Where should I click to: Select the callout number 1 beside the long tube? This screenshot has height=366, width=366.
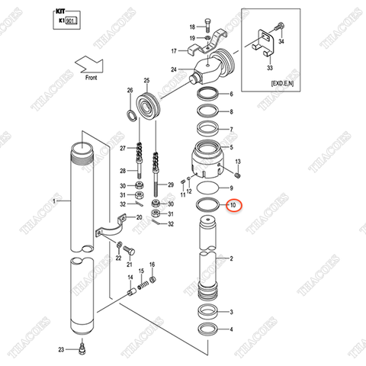pyautogui.click(x=54, y=201)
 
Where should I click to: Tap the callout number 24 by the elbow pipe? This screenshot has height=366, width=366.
pyautogui.click(x=174, y=70)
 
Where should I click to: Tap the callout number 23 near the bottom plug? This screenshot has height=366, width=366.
pyautogui.click(x=60, y=349)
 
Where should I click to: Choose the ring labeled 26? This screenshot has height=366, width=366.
pyautogui.click(x=131, y=115)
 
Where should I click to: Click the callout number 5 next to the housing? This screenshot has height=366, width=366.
pyautogui.click(x=231, y=147)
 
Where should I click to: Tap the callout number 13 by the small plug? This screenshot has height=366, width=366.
pyautogui.click(x=239, y=162)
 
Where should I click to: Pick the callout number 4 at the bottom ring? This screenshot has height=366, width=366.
pyautogui.click(x=231, y=329)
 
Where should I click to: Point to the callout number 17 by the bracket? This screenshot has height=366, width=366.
pyautogui.click(x=173, y=51)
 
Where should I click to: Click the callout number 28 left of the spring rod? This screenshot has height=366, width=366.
pyautogui.click(x=122, y=171)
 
